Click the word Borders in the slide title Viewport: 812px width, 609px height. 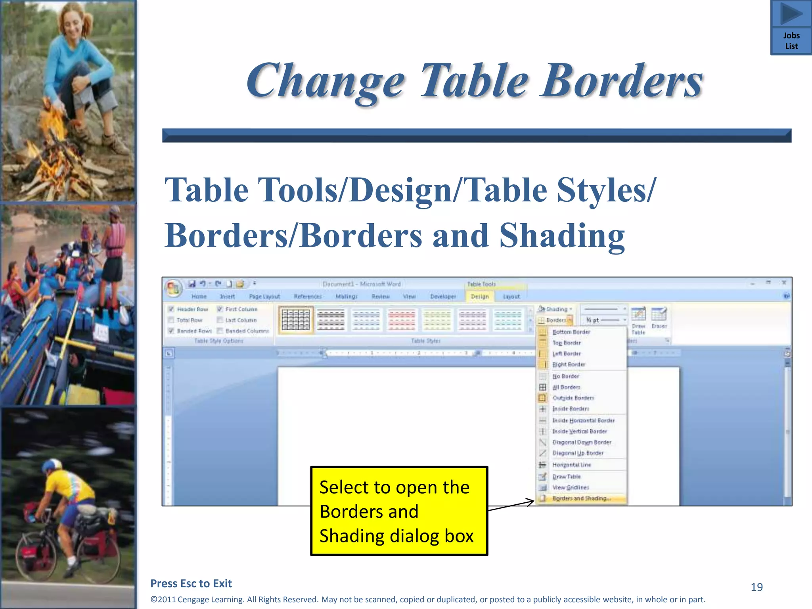[622, 81]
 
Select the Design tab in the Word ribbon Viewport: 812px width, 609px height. [479, 297]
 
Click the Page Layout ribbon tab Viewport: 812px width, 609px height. [264, 297]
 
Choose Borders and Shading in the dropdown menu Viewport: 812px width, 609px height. [582, 498]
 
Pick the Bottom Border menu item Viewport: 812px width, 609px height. [571, 332]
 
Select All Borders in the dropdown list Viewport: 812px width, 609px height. [566, 387]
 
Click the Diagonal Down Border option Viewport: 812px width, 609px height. [582, 442]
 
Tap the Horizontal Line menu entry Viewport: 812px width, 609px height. [571, 465]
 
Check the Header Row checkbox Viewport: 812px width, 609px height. [171, 309]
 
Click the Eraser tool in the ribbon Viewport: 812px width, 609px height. [659, 318]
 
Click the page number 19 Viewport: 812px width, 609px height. [756, 587]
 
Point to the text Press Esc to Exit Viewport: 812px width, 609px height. [191, 584]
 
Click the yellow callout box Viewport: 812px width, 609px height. [399, 511]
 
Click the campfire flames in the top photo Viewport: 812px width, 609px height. [56, 131]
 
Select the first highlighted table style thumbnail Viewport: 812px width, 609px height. [296, 320]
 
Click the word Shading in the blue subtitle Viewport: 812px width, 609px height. [562, 236]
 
